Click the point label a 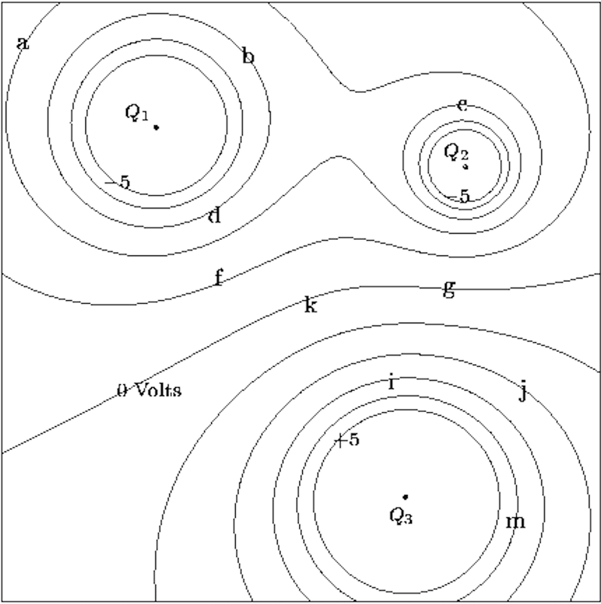22,43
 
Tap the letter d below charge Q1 215,216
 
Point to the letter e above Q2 463,105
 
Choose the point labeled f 219,277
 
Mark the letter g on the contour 449,289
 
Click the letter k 311,305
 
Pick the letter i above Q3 391,383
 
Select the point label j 522,391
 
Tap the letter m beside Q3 516,521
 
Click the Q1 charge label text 136,113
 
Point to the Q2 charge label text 455,152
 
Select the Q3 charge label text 401,516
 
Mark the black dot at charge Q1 156,127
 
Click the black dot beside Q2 465,167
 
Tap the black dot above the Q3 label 405,497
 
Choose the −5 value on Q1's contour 117,182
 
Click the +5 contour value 347,440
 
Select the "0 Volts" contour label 149,390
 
